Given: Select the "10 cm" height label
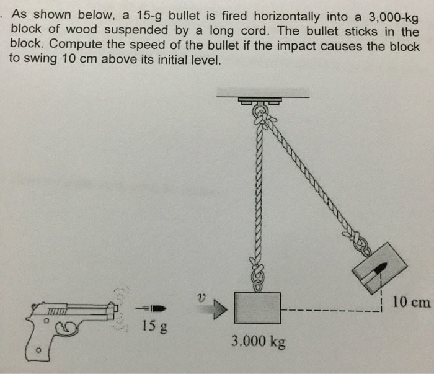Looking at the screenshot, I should coord(410,302).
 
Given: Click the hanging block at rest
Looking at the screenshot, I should coord(259,308).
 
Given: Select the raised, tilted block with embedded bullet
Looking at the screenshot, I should coord(379,268).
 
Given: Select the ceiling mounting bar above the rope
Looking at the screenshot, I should coord(263,92).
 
